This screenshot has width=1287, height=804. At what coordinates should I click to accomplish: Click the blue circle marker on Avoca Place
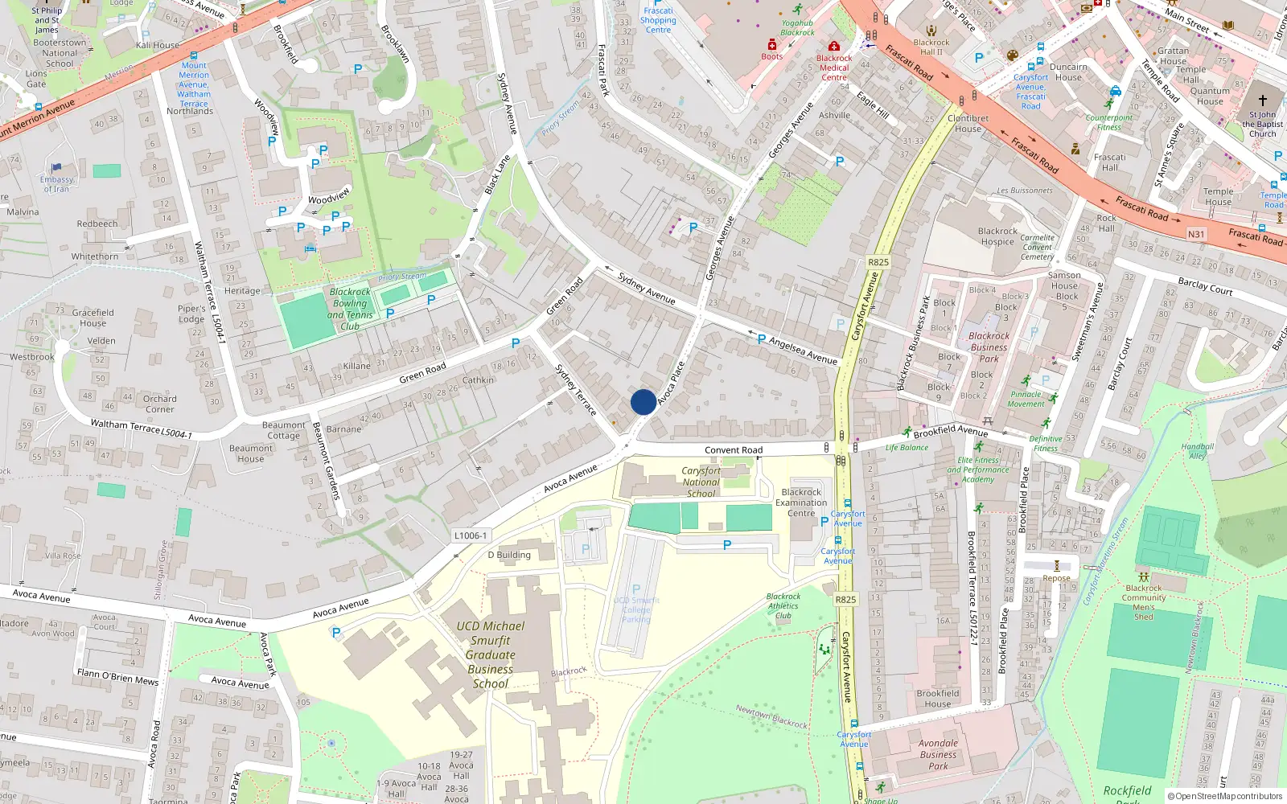(x=643, y=402)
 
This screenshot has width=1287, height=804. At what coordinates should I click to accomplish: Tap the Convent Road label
(x=733, y=450)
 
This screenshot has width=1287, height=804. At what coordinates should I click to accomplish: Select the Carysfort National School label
(x=701, y=482)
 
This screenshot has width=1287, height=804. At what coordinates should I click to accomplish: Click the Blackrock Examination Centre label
(x=801, y=503)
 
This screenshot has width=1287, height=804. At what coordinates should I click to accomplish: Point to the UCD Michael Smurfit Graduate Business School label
(x=490, y=654)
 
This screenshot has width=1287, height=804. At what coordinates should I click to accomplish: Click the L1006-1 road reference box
(x=470, y=535)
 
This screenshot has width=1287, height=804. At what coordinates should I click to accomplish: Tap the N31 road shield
(x=1196, y=235)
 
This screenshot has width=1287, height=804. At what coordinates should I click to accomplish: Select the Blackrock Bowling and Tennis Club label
(x=350, y=309)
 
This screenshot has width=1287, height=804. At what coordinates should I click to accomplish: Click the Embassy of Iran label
(x=56, y=184)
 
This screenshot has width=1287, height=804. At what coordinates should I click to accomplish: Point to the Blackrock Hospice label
(x=997, y=236)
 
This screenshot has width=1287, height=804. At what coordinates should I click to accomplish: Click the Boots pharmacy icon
(x=772, y=44)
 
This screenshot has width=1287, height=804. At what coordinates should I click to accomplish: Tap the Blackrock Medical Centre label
(x=834, y=68)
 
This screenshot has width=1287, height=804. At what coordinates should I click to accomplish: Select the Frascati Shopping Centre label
(x=658, y=20)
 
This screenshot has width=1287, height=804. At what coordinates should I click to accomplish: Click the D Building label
(x=508, y=555)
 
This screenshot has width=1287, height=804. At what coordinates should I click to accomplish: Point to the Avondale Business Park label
(x=938, y=754)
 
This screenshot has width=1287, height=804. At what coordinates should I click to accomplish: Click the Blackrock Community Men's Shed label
(x=1143, y=602)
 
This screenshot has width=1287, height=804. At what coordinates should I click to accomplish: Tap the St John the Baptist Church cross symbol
(x=1262, y=100)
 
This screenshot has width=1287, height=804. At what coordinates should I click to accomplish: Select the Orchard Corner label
(x=159, y=404)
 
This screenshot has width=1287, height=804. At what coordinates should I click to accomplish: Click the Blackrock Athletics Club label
(x=783, y=606)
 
